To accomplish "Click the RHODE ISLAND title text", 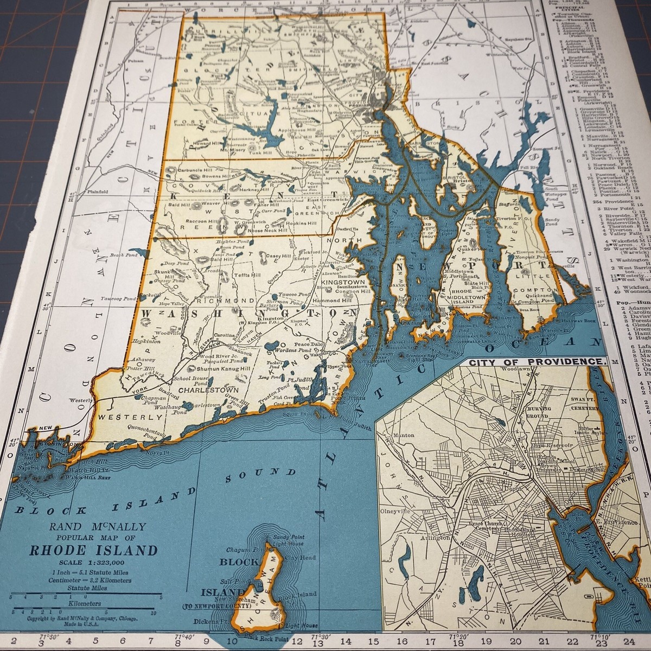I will point(93,551).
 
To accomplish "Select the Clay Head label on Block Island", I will point(299,557).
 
